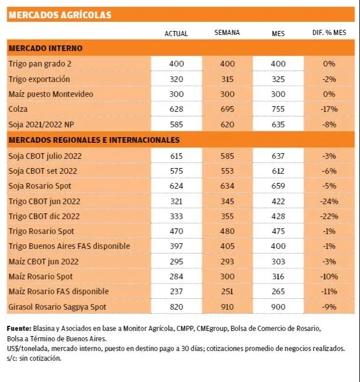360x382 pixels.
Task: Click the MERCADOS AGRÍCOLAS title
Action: pos(60,15)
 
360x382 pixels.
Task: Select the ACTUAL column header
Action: pos(176,34)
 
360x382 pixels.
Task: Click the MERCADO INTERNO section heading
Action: pos(45,48)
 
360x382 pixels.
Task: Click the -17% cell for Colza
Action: pos(329,108)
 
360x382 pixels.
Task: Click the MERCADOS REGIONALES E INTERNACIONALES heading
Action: pos(94,139)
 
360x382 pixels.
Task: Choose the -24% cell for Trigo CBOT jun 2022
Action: pos(329,201)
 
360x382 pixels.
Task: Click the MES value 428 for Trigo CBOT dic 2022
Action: pos(278,216)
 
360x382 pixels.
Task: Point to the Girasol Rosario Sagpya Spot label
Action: pos(57,307)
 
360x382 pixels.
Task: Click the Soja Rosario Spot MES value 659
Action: pos(278,186)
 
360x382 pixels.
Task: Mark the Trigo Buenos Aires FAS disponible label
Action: pos(69,246)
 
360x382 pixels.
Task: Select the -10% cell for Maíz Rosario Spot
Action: pos(329,276)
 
